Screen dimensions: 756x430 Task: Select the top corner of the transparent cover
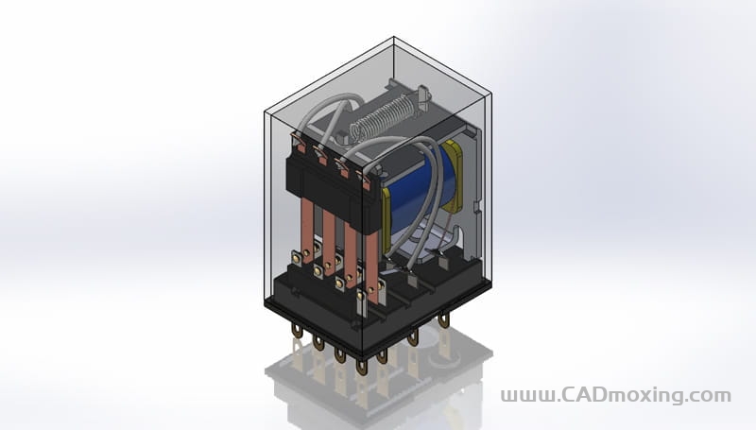pos(393,37)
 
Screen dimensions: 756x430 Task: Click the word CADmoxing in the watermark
pos(622,395)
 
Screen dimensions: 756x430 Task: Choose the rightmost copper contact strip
pos(370,267)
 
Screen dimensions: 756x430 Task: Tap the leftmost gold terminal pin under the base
pos(297,330)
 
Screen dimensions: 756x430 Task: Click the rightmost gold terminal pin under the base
pos(443,319)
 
